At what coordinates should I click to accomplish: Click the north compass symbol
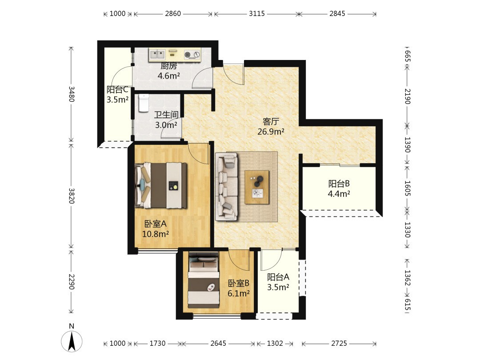(72, 341)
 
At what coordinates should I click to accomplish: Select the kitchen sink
(157, 55)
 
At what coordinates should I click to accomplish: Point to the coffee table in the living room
(257, 188)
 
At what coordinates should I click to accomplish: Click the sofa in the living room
(227, 186)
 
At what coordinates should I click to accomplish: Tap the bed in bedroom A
(161, 185)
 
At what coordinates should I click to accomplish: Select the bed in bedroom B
(204, 280)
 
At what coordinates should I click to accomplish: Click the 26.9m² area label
(271, 132)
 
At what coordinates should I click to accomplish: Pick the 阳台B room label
(339, 184)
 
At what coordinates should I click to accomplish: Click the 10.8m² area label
(156, 234)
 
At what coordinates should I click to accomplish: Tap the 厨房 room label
(169, 66)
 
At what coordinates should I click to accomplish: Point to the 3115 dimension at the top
(256, 13)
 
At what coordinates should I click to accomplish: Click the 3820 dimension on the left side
(71, 196)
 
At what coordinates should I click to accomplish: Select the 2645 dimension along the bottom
(218, 344)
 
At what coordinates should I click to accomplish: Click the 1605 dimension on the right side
(408, 188)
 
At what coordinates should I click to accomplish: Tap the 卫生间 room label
(166, 115)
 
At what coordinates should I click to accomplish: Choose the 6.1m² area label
(239, 294)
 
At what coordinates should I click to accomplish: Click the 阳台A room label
(278, 277)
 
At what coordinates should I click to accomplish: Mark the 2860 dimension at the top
(173, 13)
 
